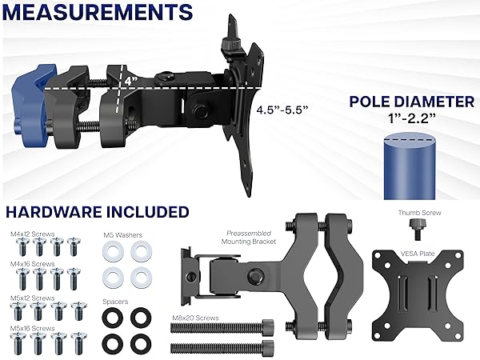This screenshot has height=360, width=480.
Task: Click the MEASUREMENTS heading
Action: coord(97,13)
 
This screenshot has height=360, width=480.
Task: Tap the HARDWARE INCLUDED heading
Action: coord(98,211)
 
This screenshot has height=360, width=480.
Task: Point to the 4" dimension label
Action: coord(130,81)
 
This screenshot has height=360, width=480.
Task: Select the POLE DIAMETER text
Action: coord(411,102)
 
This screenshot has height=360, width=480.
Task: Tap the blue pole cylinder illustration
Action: coord(410,165)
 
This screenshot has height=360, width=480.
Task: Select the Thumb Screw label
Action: coord(419,213)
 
